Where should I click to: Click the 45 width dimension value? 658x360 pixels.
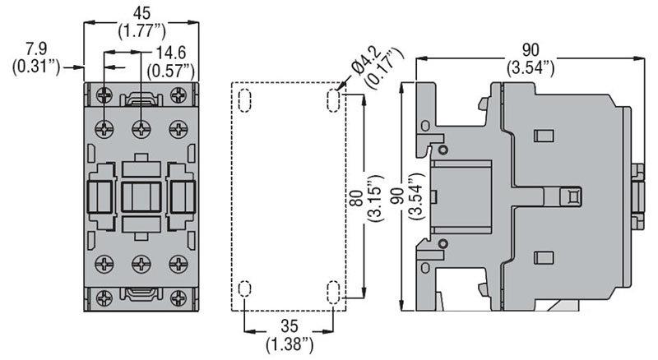141,13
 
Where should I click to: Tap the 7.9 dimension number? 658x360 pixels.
36,49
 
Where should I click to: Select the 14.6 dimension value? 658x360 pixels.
171,53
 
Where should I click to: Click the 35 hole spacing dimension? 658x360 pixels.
290,326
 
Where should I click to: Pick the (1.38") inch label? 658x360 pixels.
290,344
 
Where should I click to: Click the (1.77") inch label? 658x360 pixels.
141,30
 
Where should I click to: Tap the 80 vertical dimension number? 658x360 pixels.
356,198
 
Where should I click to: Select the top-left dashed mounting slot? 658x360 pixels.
244,100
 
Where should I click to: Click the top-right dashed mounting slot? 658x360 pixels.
333,100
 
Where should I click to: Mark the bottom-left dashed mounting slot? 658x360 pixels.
244,288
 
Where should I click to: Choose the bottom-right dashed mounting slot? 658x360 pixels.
333,292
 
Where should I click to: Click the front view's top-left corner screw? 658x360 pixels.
104,95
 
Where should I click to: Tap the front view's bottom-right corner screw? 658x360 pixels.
178,298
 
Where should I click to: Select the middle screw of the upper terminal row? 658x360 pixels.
141,128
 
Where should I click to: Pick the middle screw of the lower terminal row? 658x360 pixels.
141,264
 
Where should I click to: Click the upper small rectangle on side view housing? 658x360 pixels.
544,136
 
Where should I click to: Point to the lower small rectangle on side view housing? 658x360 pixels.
544,257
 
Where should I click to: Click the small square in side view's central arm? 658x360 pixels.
572,196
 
